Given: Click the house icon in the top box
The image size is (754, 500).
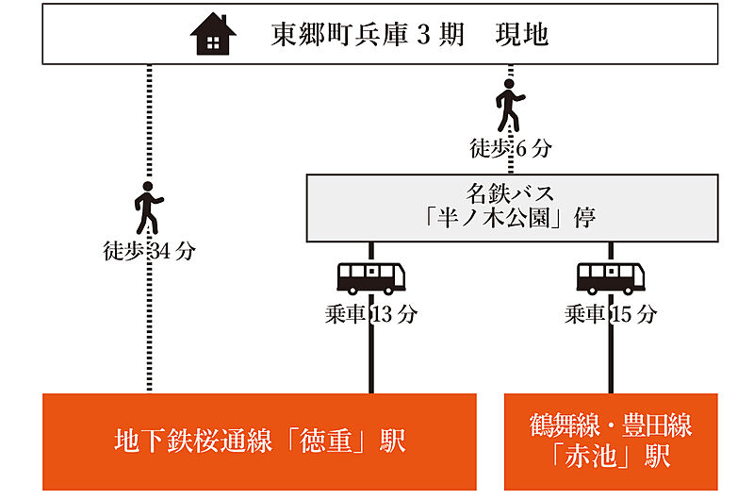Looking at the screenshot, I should tap(213, 36).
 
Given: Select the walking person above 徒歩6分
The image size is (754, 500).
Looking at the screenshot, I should tap(510, 105).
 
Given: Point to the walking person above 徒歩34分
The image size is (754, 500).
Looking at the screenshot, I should tap(148, 208).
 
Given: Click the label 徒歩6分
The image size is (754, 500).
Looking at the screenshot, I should tap(510, 148).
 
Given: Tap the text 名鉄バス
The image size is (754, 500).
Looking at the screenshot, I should tap(510, 194).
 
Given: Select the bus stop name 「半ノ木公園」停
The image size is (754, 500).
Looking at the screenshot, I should tap(510, 219).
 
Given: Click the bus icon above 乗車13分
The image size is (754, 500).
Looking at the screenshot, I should tap(371, 277).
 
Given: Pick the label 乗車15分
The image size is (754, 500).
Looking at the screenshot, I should tap(611, 315).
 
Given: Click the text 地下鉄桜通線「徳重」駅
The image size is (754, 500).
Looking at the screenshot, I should tap(259, 441).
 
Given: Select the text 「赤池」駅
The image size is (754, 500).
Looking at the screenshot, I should tap(611, 458).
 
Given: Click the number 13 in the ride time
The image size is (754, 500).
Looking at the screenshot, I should tap(383, 315).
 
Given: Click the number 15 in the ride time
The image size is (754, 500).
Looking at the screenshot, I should tap(622, 315).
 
